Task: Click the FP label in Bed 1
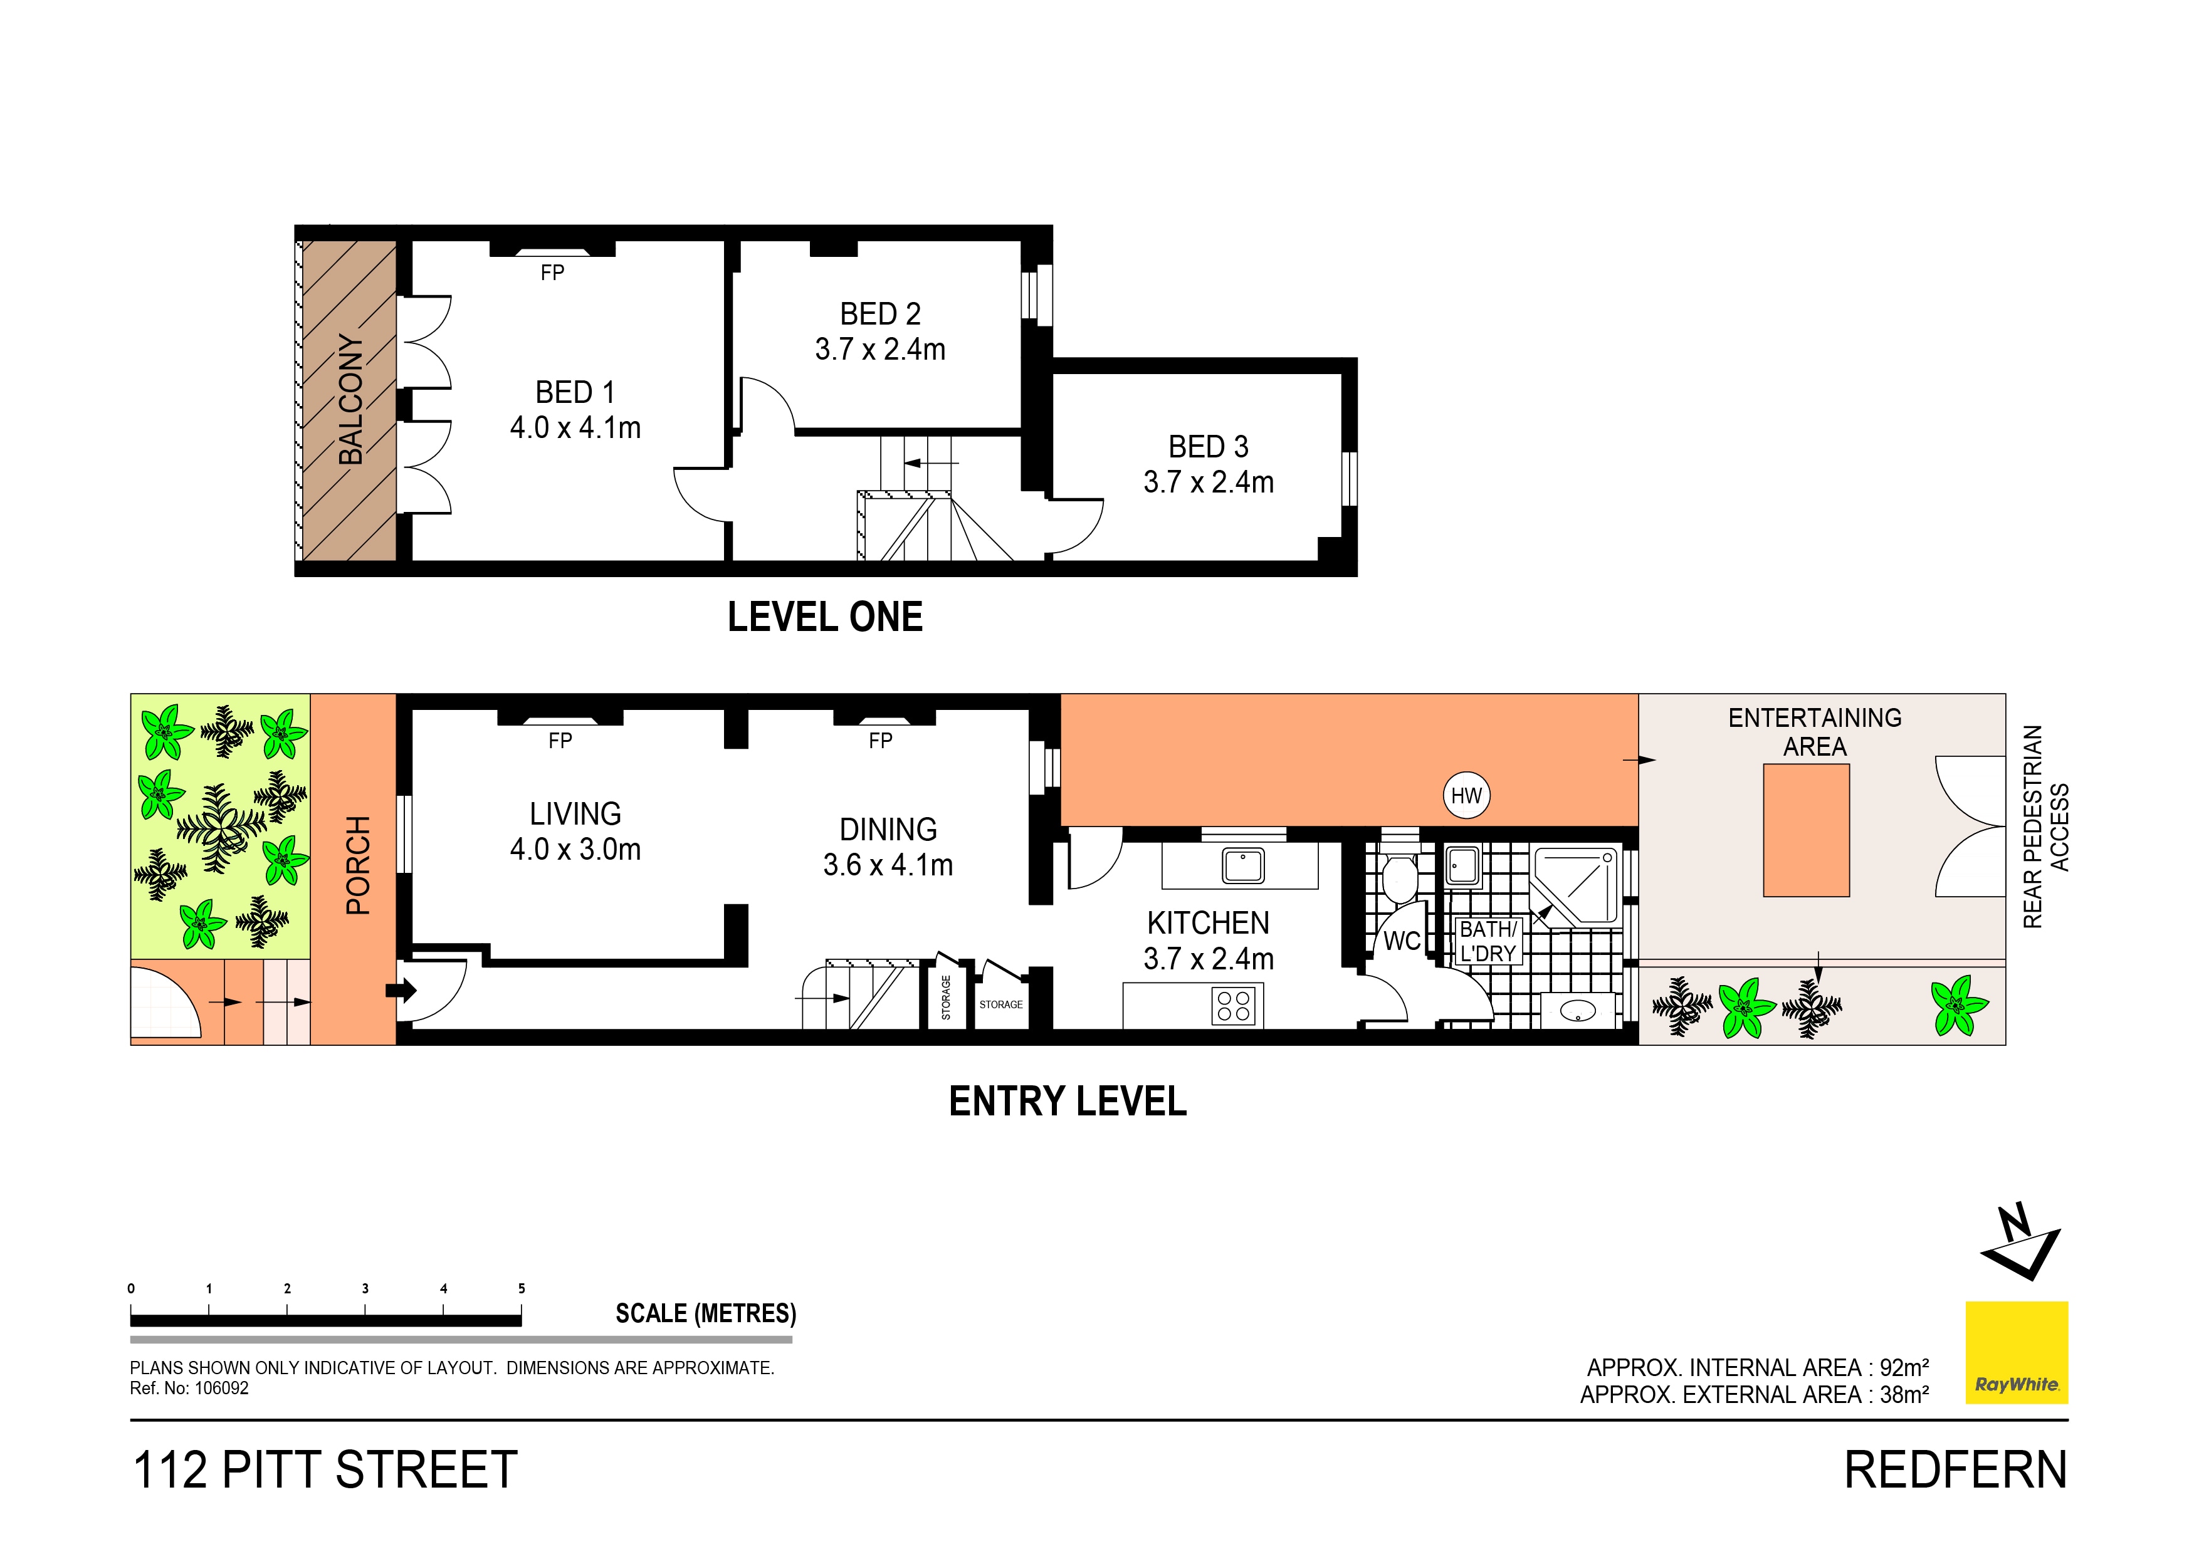tap(553, 273)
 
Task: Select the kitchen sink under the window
tap(1242, 865)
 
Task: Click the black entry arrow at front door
tap(401, 990)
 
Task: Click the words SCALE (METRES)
tap(705, 1313)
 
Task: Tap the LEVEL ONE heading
tap(825, 617)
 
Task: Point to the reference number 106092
tap(221, 1389)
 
